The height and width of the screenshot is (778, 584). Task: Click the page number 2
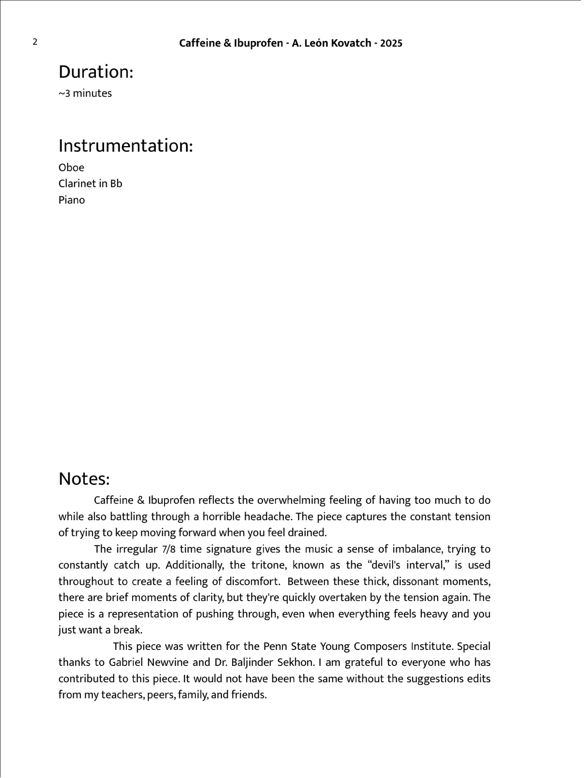click(x=35, y=42)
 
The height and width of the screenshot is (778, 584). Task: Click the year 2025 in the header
click(x=391, y=43)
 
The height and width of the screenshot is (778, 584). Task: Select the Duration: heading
click(x=96, y=72)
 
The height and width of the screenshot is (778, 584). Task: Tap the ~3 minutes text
click(x=85, y=93)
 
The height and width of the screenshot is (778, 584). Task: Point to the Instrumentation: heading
click(x=126, y=146)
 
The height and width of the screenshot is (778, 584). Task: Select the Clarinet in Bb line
click(x=90, y=184)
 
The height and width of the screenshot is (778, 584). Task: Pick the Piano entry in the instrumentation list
click(x=71, y=200)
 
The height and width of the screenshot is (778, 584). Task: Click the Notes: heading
click(x=84, y=479)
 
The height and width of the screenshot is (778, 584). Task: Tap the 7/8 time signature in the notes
click(x=169, y=549)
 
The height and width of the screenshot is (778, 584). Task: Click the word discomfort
click(x=253, y=581)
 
